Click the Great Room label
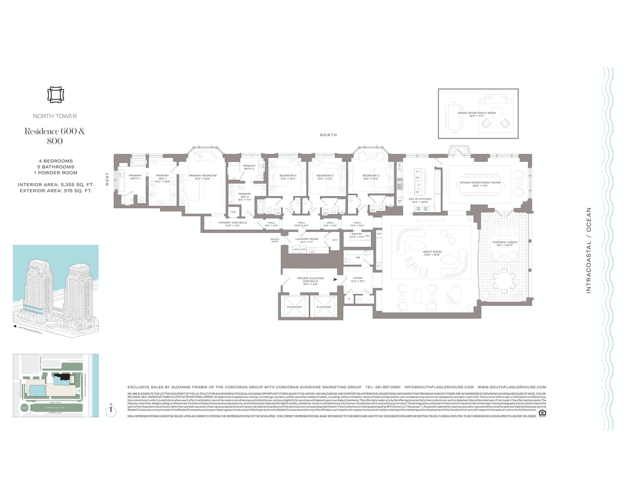click(432, 253)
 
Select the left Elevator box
click(294, 307)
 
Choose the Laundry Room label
click(307, 240)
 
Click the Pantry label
click(357, 235)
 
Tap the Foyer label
click(358, 279)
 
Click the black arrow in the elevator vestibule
click(335, 279)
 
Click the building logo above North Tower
click(56, 95)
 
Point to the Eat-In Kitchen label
click(420, 200)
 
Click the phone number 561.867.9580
click(383, 387)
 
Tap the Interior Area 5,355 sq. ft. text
click(56, 185)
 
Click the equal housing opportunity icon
click(542, 413)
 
